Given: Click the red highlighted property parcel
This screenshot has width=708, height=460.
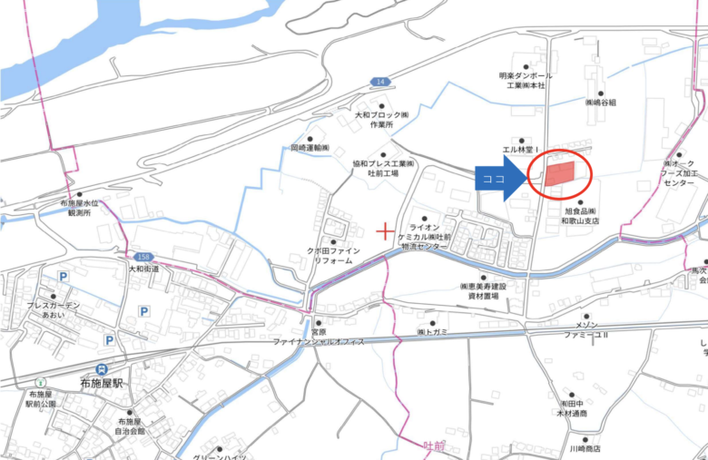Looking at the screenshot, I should click(x=559, y=175).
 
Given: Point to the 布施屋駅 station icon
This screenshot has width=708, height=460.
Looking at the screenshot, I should click(x=103, y=369).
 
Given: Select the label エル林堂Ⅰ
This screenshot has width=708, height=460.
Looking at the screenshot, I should click(x=521, y=148).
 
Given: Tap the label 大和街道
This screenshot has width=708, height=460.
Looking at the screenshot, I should click(x=143, y=269).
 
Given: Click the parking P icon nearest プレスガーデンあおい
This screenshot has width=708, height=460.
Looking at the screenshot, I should click(x=63, y=277).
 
